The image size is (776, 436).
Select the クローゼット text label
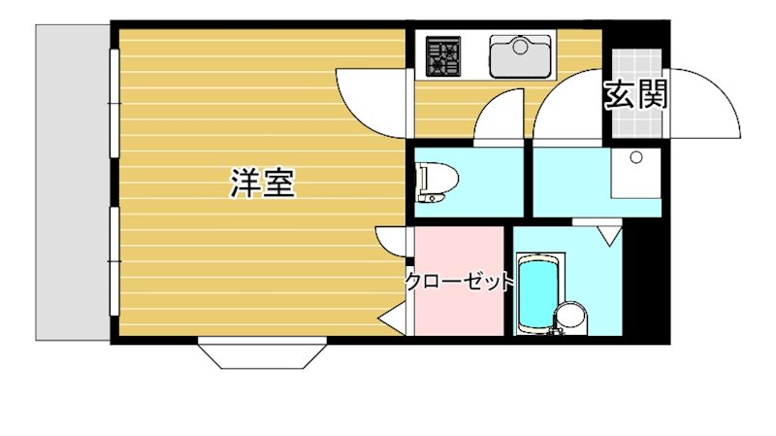click(x=458, y=283)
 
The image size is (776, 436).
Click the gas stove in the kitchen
click(x=445, y=57)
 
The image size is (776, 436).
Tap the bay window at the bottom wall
click(x=262, y=354)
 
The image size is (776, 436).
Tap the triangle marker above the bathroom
click(x=608, y=234)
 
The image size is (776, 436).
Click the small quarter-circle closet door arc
click(x=391, y=239)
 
